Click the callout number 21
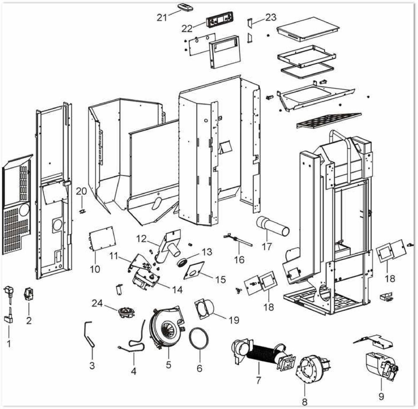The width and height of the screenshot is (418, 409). [x=162, y=18]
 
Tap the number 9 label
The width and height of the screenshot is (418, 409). [x=381, y=396]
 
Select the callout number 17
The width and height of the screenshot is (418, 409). [x=267, y=246]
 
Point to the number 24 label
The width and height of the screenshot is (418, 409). [x=97, y=303]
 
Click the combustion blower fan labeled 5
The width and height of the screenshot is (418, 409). [x=167, y=328]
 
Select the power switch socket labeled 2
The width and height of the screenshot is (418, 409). [x=28, y=293]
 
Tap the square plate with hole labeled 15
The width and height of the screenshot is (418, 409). [x=194, y=270]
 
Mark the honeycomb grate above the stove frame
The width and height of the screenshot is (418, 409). [x=329, y=121]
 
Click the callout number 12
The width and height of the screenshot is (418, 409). [x=141, y=238]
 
